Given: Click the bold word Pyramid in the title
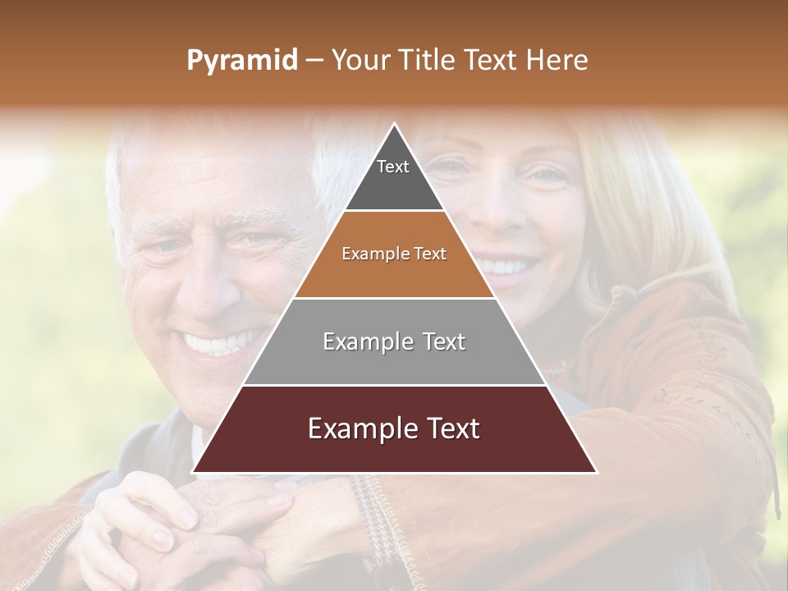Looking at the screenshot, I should [241, 61].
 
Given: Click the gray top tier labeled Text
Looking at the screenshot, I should [393, 176].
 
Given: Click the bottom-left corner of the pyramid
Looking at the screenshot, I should [195, 472].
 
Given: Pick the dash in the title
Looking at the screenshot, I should [314, 61].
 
